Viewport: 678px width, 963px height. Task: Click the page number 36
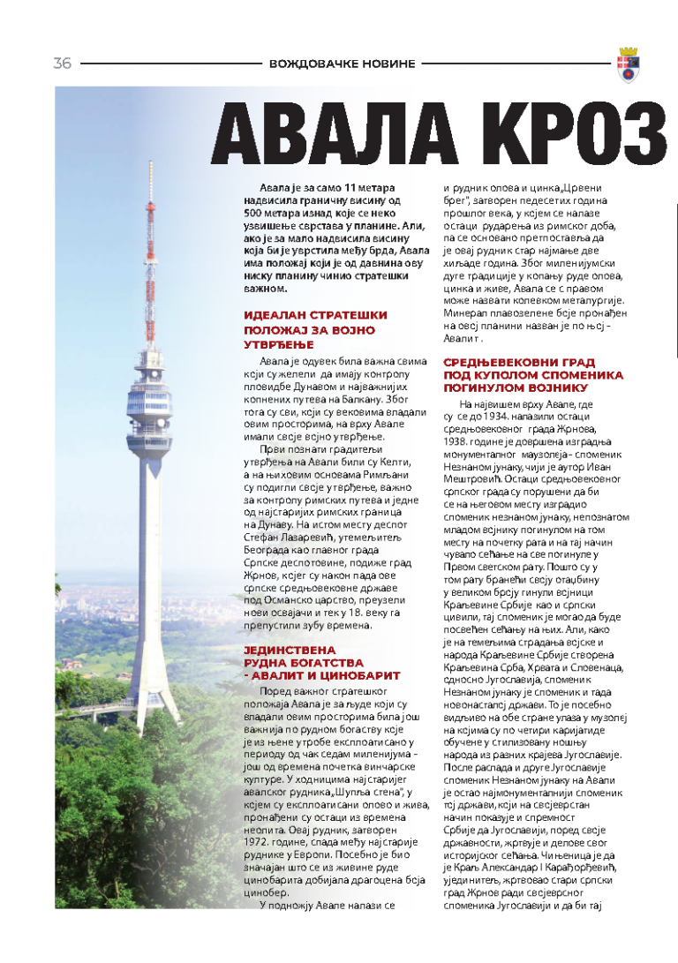click(x=62, y=64)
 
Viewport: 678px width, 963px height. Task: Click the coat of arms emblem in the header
click(x=629, y=64)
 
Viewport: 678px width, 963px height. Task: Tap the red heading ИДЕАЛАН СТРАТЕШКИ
click(x=315, y=315)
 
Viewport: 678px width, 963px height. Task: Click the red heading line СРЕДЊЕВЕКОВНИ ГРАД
click(x=518, y=362)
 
